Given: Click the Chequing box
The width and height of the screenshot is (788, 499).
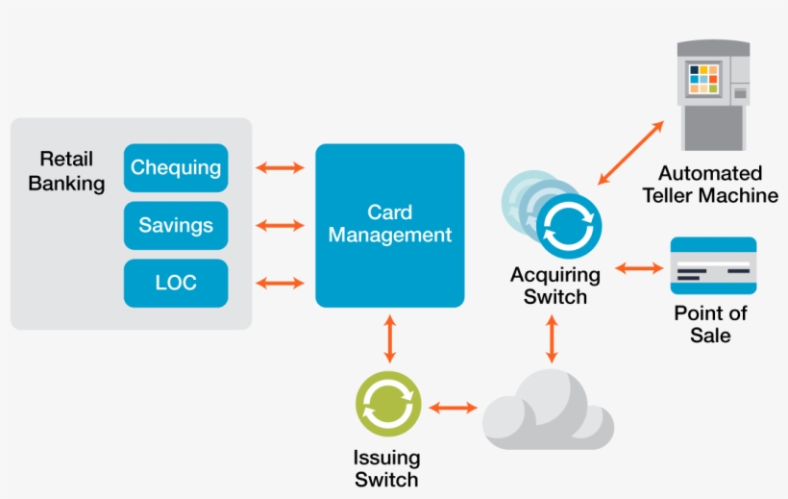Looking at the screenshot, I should tap(176, 168).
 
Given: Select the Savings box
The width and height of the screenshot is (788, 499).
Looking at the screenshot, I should tap(176, 226).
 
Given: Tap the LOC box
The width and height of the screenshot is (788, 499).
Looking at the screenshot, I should tap(176, 284).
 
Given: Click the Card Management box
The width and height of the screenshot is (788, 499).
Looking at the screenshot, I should tap(389, 225).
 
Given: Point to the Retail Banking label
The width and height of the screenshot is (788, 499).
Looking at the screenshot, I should tap(66, 170).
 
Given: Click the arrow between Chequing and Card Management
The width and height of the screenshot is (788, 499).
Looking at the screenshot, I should tap(280, 168).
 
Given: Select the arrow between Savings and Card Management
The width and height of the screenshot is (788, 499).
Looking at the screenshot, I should tap(280, 226).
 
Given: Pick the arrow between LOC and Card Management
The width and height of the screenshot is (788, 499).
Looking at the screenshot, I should tap(280, 284).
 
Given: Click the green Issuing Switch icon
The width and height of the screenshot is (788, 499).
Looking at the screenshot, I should tap(387, 404).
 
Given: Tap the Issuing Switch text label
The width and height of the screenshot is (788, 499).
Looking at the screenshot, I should tap(387, 468).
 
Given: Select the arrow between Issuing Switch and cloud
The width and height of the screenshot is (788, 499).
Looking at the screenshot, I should tap(453, 408).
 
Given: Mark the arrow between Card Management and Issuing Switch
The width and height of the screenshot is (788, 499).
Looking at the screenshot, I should tap(389, 338).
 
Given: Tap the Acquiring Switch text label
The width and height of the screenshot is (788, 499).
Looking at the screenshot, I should tap(554, 286).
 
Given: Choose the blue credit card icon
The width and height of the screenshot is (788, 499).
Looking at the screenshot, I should tap(712, 265).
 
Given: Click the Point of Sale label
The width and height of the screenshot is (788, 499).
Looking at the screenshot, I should tap(710, 324).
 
